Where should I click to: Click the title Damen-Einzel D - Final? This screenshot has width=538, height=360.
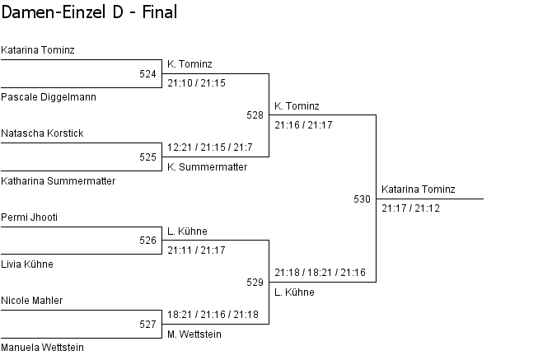[89, 12]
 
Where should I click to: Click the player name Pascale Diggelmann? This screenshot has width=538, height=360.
[49, 97]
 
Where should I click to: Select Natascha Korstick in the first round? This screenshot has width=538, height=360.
[42, 133]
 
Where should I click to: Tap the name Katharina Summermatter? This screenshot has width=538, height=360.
[58, 180]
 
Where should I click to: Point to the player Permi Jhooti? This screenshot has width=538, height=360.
[29, 217]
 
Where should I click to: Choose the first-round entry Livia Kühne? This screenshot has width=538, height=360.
[27, 264]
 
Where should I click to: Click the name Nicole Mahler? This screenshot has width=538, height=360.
[32, 301]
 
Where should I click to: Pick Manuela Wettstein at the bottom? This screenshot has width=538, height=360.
[42, 348]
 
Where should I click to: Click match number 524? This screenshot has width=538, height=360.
[147, 74]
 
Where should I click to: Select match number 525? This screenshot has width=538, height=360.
[147, 157]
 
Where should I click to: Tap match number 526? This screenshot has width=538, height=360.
[147, 241]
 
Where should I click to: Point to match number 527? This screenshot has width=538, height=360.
[147, 325]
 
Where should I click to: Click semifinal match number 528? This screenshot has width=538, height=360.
[255, 115]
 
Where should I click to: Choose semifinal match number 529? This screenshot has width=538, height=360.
[255, 283]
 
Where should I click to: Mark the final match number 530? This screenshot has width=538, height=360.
[362, 199]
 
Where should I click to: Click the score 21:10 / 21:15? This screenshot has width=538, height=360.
[196, 83]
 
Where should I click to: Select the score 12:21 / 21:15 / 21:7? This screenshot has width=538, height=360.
[209, 147]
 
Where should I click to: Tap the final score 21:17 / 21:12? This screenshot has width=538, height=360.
[410, 208]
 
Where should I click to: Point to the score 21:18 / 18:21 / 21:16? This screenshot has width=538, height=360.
[320, 273]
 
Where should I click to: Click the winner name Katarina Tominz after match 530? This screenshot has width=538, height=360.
[418, 189]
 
